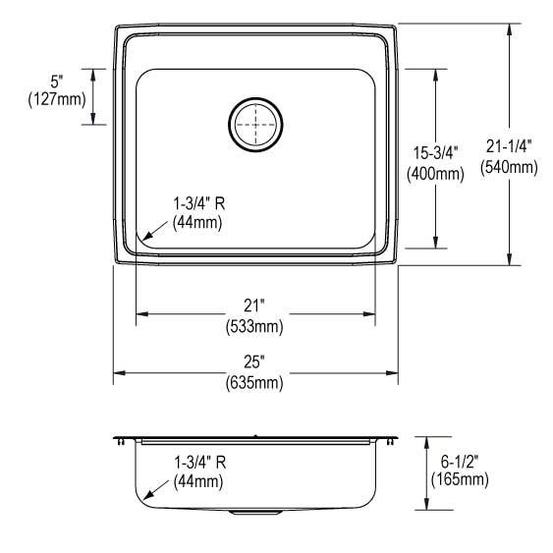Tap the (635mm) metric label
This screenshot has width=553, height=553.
(x=255, y=383)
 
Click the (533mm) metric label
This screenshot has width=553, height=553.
(x=255, y=325)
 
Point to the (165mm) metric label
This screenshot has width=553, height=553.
(x=458, y=479)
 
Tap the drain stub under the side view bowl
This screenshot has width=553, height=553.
(x=254, y=513)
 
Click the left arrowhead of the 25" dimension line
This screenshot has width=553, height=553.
(x=118, y=372)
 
